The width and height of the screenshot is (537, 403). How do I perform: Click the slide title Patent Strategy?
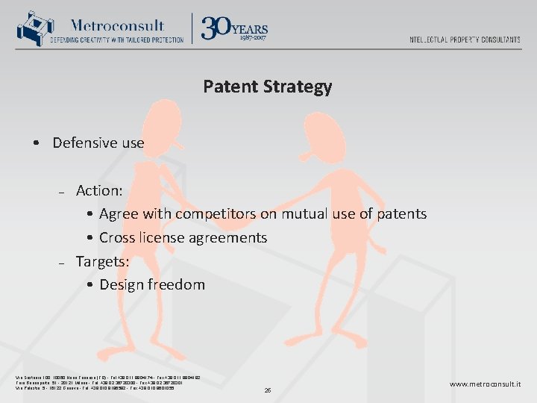click(267, 87)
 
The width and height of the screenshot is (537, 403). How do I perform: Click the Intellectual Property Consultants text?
click(465, 40)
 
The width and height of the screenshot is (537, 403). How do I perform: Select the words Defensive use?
click(98, 143)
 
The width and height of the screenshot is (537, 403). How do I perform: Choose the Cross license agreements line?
click(183, 238)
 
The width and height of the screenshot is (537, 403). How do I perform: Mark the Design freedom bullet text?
click(151, 284)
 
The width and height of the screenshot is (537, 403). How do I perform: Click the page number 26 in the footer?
click(268, 390)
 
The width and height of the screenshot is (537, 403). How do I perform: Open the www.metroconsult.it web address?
click(485, 384)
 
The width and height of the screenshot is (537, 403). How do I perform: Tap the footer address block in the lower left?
click(106, 383)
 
